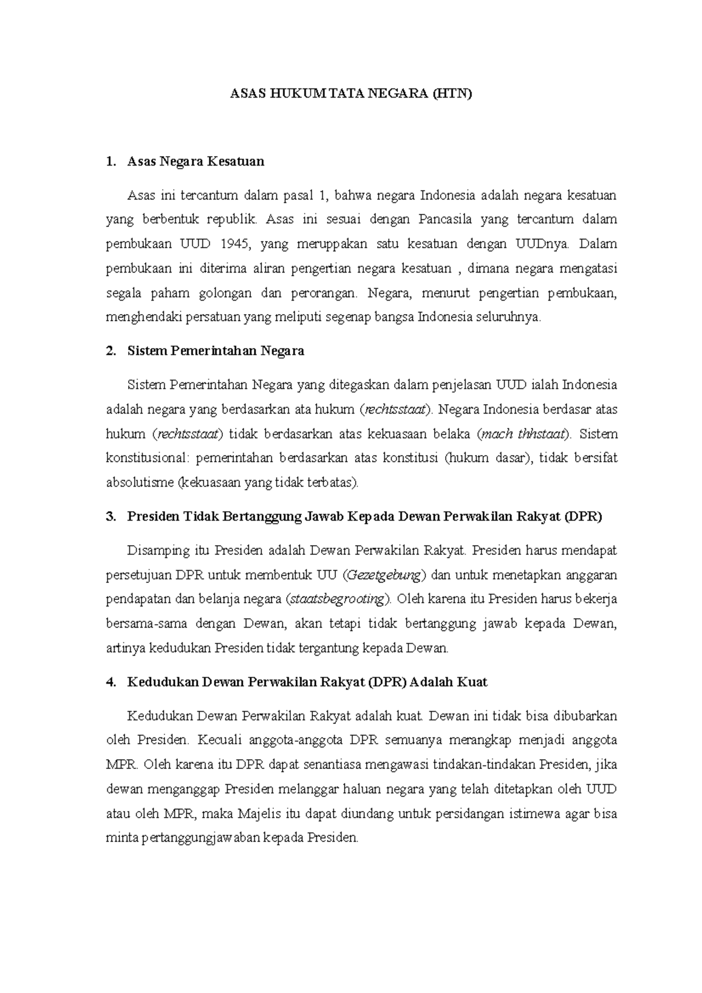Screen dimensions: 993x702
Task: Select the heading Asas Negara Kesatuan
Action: point(195,161)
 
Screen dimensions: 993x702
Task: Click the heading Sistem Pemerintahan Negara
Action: point(215,351)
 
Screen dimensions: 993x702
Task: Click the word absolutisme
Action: point(140,483)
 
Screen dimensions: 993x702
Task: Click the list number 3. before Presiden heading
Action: point(111,516)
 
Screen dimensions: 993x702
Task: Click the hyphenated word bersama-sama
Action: point(146,624)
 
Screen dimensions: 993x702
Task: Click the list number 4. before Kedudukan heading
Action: point(111,682)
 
